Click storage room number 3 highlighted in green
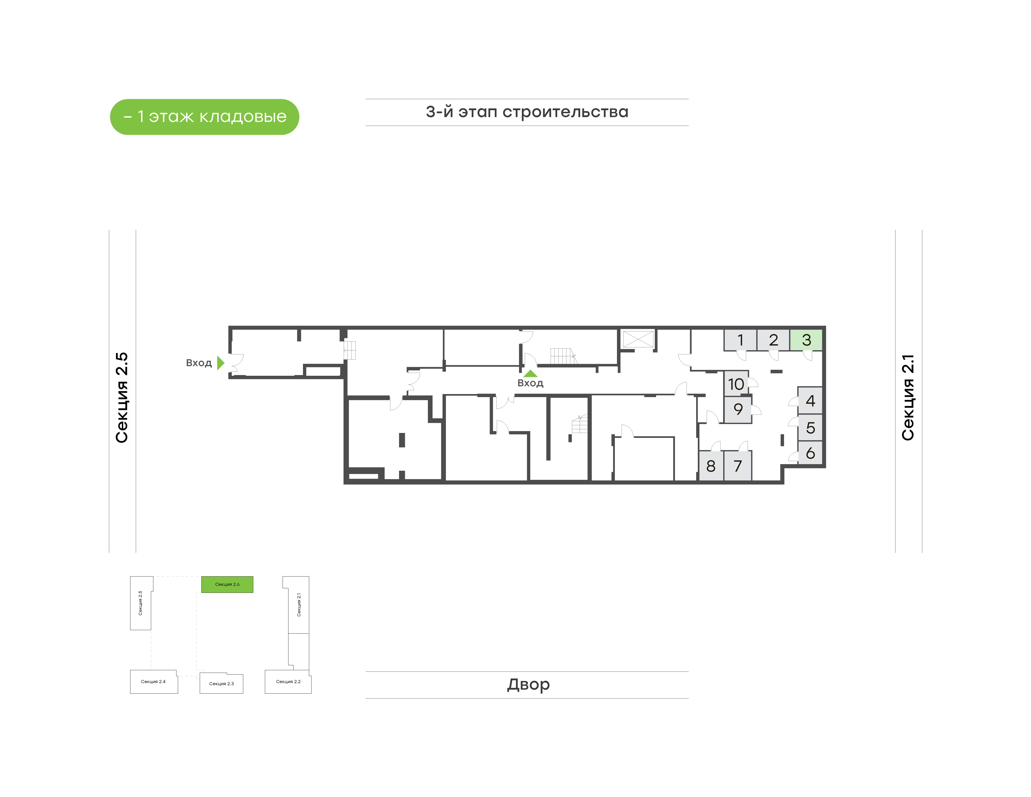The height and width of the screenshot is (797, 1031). (x=806, y=340)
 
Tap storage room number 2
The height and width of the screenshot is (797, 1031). (x=773, y=340)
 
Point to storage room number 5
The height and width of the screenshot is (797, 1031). (x=810, y=428)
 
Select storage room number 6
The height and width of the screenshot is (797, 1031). (x=810, y=453)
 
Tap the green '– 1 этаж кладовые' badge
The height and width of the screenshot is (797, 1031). (x=204, y=117)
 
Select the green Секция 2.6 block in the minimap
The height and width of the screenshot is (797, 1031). (x=227, y=585)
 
